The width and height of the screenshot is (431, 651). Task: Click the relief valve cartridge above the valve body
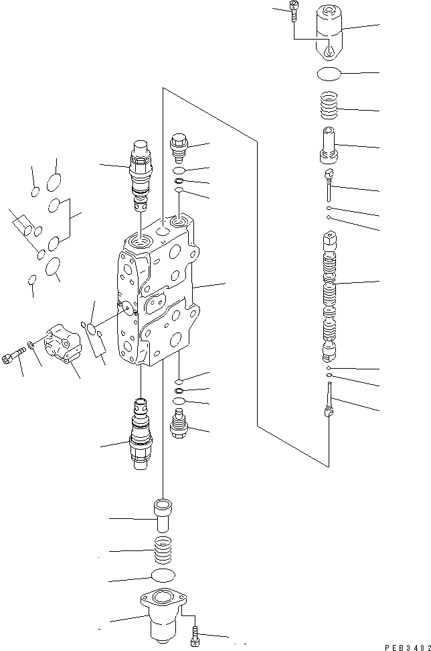140,170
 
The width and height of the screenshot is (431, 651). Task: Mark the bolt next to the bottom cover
195,633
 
